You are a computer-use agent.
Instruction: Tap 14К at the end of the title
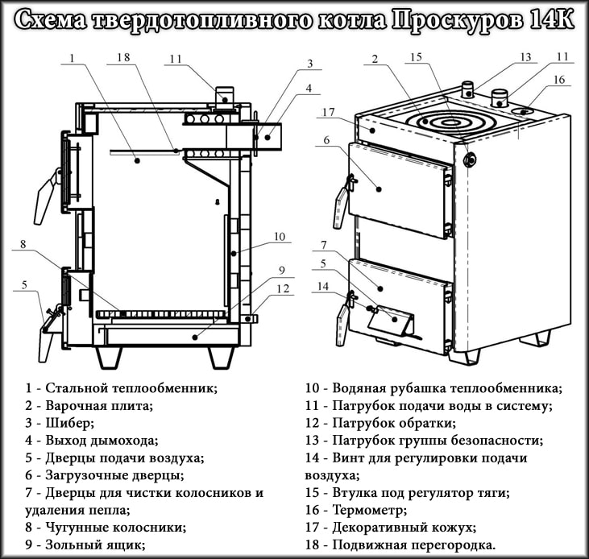(x=551, y=20)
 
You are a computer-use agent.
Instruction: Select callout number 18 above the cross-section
(x=122, y=58)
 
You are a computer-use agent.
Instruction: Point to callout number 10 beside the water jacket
(x=280, y=237)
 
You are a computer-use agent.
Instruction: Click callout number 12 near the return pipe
(x=281, y=288)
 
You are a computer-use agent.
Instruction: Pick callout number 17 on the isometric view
(x=328, y=112)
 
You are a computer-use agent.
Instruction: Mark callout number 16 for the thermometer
(x=559, y=80)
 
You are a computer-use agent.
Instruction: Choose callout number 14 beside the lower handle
(x=323, y=286)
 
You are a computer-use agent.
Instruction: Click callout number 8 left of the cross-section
(x=24, y=244)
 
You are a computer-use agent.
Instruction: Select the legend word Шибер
(x=70, y=422)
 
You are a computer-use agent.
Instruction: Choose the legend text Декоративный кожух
(x=404, y=528)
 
